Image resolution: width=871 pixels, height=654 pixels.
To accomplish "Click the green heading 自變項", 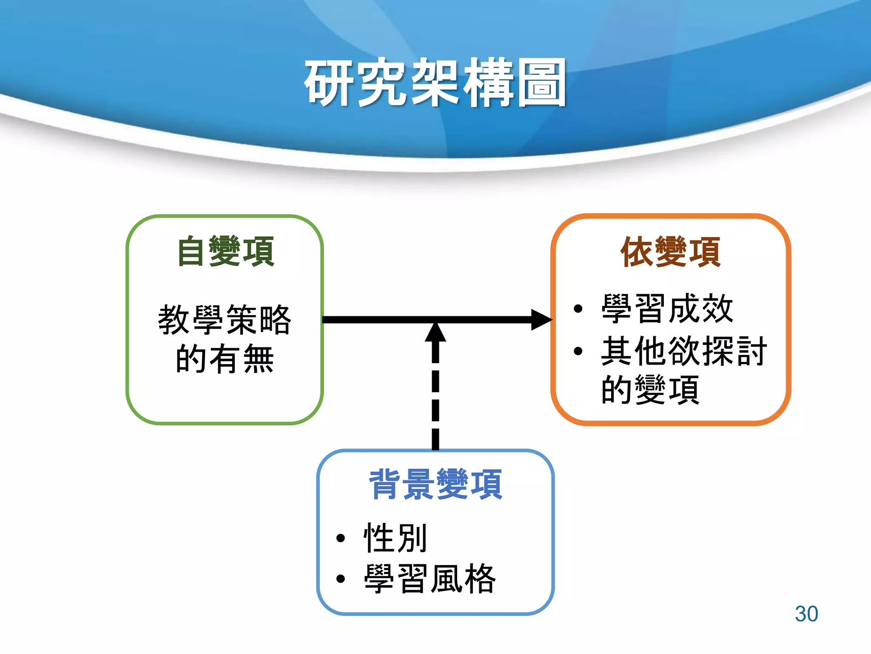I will click(226, 252).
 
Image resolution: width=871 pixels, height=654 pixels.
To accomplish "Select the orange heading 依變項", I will click(670, 252).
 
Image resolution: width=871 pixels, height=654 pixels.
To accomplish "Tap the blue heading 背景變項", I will click(435, 484).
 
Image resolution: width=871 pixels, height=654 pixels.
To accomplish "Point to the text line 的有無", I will click(225, 359).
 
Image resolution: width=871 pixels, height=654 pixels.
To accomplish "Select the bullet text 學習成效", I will click(667, 309).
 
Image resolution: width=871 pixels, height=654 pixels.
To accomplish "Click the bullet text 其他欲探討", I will click(684, 351).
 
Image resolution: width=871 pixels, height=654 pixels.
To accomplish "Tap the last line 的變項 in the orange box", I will click(650, 390).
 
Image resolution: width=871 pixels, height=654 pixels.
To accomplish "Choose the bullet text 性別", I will click(395, 538).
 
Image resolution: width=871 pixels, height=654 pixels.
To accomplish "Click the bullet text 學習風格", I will click(430, 579).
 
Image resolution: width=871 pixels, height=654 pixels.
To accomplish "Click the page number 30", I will click(806, 614).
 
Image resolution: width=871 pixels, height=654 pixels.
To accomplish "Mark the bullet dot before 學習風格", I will click(340, 579).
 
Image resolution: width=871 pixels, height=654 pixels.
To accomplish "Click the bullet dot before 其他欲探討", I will click(578, 351).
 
